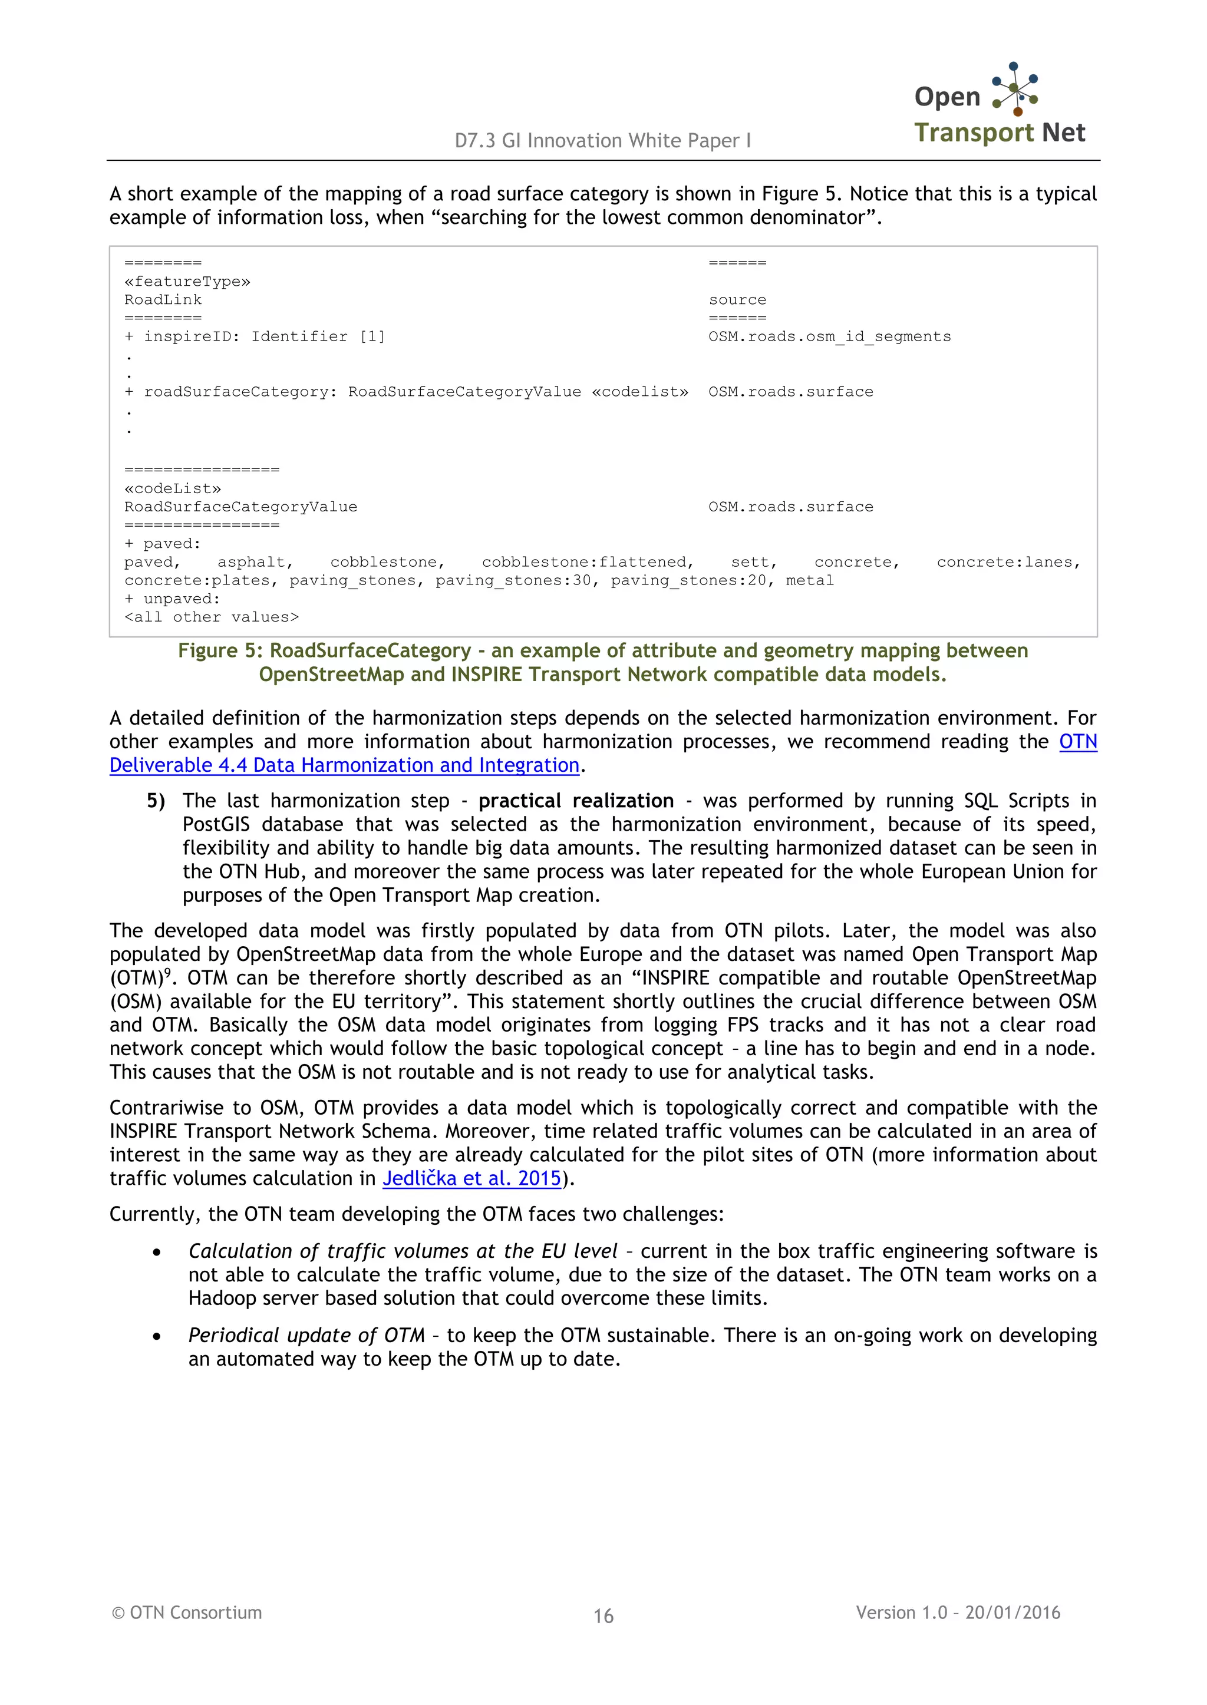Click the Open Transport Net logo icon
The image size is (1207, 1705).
(x=1015, y=88)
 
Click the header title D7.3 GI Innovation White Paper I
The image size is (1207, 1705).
(x=603, y=140)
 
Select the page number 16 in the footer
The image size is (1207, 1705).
(x=603, y=1616)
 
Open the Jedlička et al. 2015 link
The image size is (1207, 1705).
(x=472, y=1178)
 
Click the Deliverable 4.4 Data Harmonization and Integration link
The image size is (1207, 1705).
(x=344, y=765)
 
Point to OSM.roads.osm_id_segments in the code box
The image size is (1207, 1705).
(x=829, y=336)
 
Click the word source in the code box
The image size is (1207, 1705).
(x=737, y=300)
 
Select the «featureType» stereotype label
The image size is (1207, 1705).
(x=187, y=282)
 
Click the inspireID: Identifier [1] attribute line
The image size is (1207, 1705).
(x=255, y=336)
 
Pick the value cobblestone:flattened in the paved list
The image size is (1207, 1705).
(x=587, y=563)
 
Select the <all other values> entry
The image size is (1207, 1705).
(x=211, y=617)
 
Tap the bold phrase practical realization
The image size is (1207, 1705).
(x=576, y=801)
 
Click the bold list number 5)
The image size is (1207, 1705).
(x=156, y=801)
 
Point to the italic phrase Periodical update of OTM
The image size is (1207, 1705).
(x=306, y=1335)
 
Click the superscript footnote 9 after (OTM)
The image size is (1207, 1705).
(x=167, y=973)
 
